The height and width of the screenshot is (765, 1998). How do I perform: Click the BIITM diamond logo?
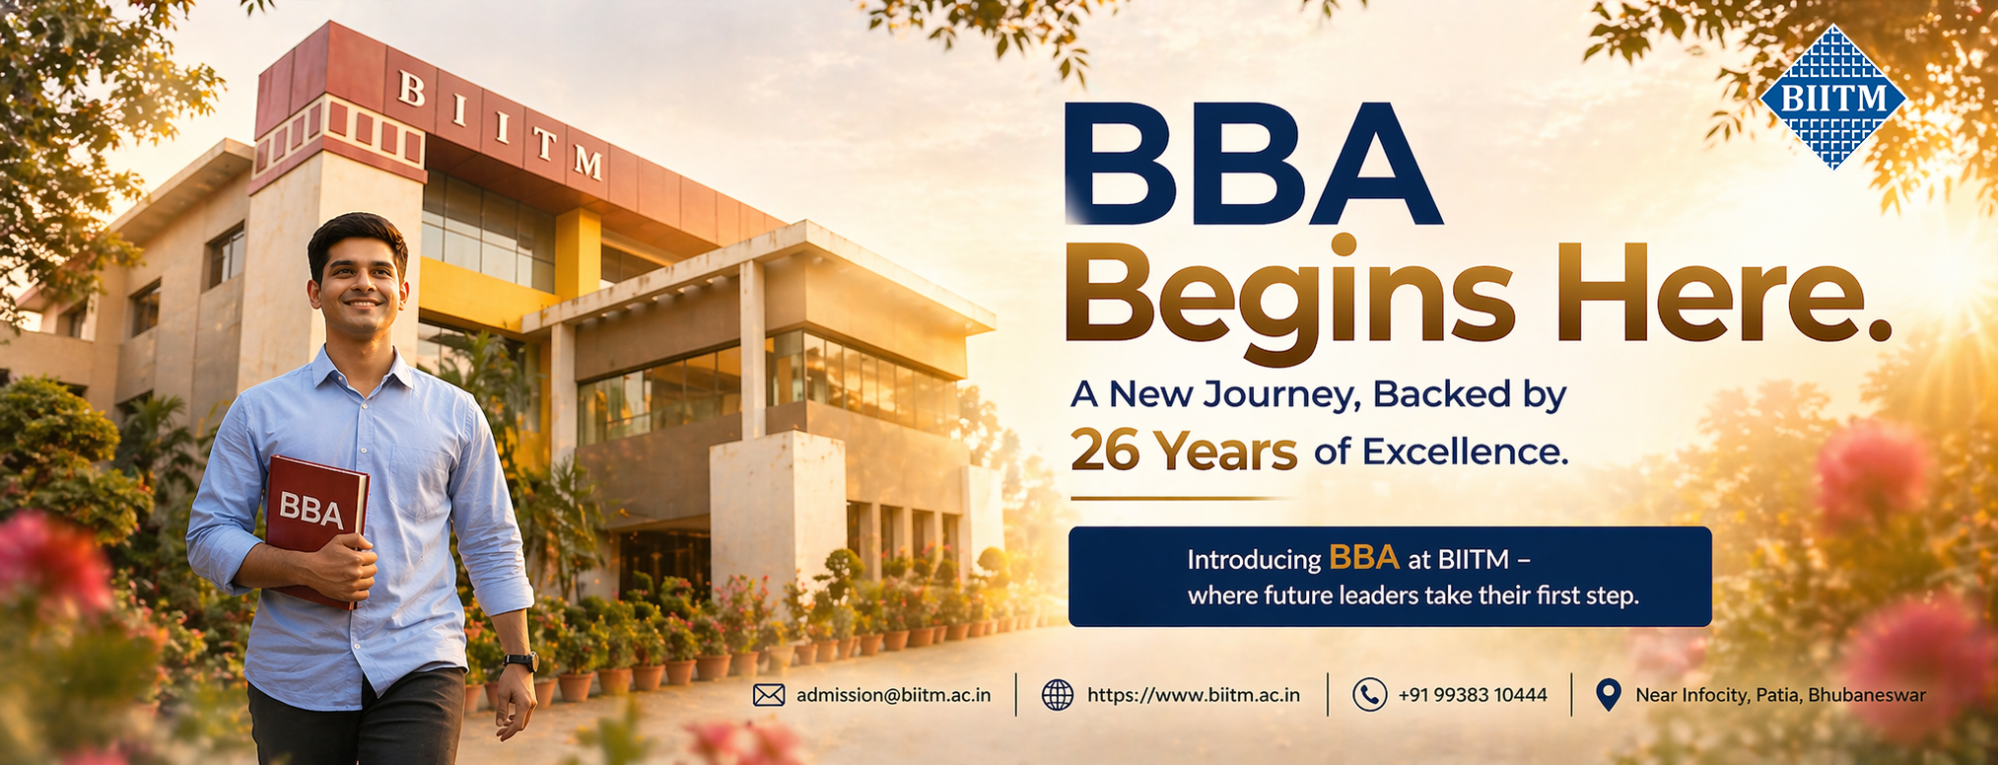pyautogui.click(x=1833, y=98)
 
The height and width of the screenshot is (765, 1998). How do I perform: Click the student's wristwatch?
pyautogui.click(x=520, y=661)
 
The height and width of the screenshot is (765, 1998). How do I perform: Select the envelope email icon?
pyautogui.click(x=768, y=695)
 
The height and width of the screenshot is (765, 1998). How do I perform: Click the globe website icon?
pyautogui.click(x=1058, y=695)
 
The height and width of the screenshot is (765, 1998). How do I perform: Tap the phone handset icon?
pyautogui.click(x=1369, y=695)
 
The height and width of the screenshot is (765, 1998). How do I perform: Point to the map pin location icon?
pyautogui.click(x=1608, y=695)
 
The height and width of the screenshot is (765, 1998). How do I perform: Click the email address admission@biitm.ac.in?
pyautogui.click(x=893, y=695)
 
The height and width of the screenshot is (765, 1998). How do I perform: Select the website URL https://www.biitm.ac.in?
pyautogui.click(x=1193, y=695)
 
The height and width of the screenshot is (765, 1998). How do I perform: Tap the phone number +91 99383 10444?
pyautogui.click(x=1472, y=695)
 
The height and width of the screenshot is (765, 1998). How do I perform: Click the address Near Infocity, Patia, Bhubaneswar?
pyautogui.click(x=1779, y=695)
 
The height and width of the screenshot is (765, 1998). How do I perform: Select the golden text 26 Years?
pyautogui.click(x=1183, y=451)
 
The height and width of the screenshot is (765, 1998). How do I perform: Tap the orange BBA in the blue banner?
pyautogui.click(x=1363, y=558)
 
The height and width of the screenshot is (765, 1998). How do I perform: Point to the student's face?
pyautogui.click(x=359, y=281)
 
